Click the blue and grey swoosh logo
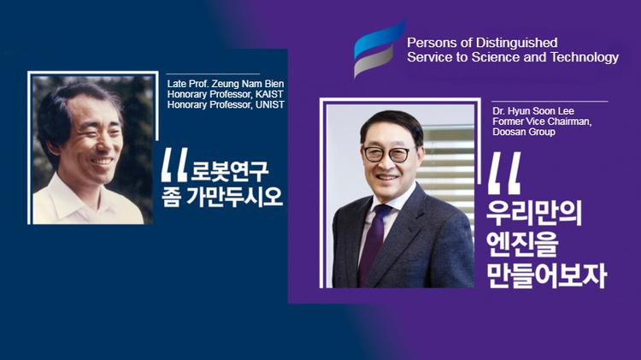click(x=379, y=49)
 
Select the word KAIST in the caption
click(x=270, y=94)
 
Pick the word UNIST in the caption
click(x=269, y=104)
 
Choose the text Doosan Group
click(x=520, y=133)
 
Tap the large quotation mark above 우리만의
click(x=503, y=176)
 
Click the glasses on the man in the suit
click(x=390, y=154)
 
